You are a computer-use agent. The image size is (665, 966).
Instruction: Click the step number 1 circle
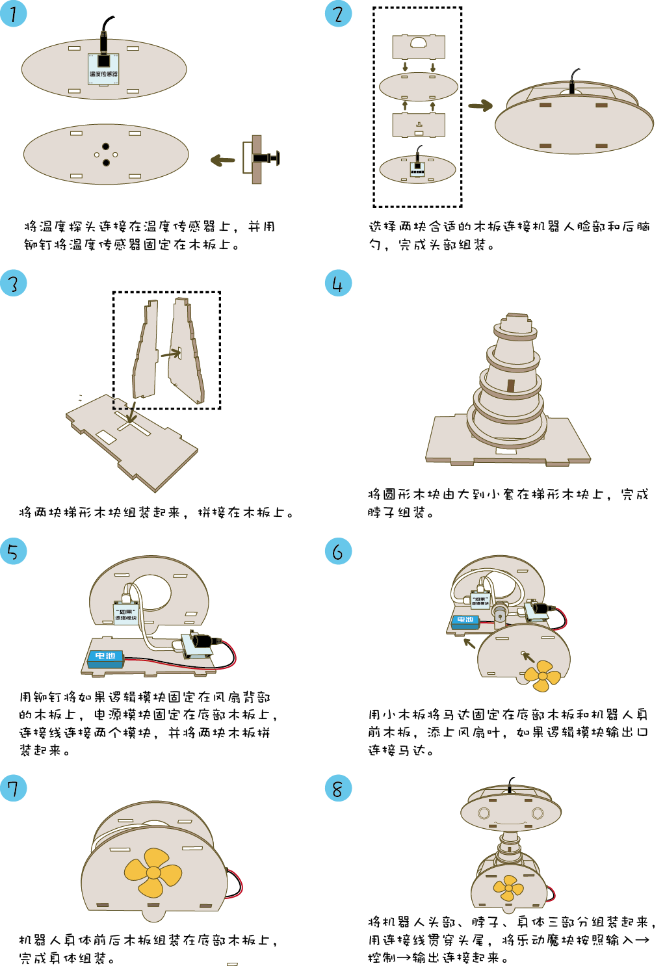click(x=13, y=14)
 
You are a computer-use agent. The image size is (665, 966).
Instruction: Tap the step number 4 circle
click(x=338, y=283)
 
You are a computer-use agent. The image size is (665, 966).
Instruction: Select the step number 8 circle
click(x=338, y=789)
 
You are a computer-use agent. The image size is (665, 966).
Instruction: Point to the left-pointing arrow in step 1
click(x=223, y=160)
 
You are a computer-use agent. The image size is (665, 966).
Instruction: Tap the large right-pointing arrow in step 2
click(x=480, y=105)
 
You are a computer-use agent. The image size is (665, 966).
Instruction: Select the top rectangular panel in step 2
click(x=419, y=46)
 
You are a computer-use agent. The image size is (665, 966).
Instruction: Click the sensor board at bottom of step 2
click(x=417, y=169)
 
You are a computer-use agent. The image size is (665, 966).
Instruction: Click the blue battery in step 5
click(x=105, y=658)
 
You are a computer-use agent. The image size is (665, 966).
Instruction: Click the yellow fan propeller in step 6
click(x=542, y=676)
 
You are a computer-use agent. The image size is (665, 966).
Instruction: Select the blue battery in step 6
click(x=465, y=621)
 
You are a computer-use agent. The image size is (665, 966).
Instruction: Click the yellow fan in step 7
click(x=153, y=872)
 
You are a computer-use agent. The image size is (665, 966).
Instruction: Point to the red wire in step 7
click(x=237, y=884)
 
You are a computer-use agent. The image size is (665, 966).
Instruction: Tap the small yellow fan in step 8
click(x=508, y=888)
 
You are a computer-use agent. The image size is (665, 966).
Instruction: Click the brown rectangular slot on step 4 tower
click(x=511, y=385)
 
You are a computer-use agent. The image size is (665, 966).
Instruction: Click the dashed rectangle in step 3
click(x=120, y=405)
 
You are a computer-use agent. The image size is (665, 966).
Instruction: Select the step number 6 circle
click(x=338, y=551)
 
